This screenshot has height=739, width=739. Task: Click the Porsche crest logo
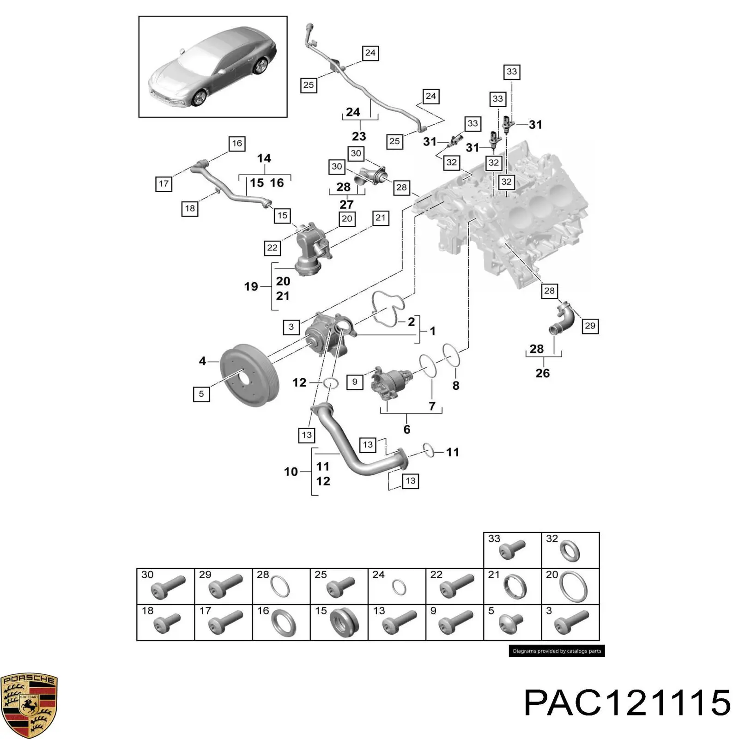pos(29,705)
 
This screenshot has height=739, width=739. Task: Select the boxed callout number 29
pos(590,326)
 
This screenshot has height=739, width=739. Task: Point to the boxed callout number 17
pos(164,184)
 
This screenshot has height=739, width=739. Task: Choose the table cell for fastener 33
pos(512,550)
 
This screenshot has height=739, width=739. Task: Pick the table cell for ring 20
pos(570,586)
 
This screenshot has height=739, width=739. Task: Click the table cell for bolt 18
pos(165,622)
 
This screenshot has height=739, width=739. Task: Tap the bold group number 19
pos(251,287)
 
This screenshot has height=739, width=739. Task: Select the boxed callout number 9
pos(354,382)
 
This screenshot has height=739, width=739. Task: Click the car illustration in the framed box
pos(213,67)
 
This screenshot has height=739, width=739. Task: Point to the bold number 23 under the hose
pos(359,136)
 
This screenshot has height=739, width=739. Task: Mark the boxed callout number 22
pos(272,248)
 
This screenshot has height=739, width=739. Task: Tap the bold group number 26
pos(543,373)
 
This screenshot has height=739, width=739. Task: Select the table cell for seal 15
pos(339,622)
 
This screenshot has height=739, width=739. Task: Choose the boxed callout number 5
pos(201,394)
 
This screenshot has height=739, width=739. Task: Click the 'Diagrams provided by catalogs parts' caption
pos(557,651)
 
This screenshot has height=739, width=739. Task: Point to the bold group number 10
pos(291,472)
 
